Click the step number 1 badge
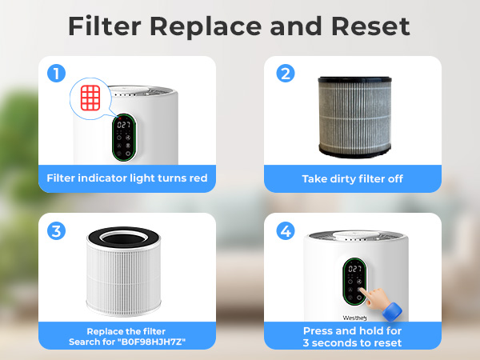(x=56, y=74)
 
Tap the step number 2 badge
(x=286, y=74)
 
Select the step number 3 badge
(x=56, y=231)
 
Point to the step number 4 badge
(x=286, y=231)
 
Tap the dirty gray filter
(x=355, y=114)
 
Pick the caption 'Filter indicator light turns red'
(x=126, y=178)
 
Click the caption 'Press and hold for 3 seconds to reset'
(x=352, y=337)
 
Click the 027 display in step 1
(x=123, y=126)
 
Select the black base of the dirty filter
(x=355, y=149)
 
